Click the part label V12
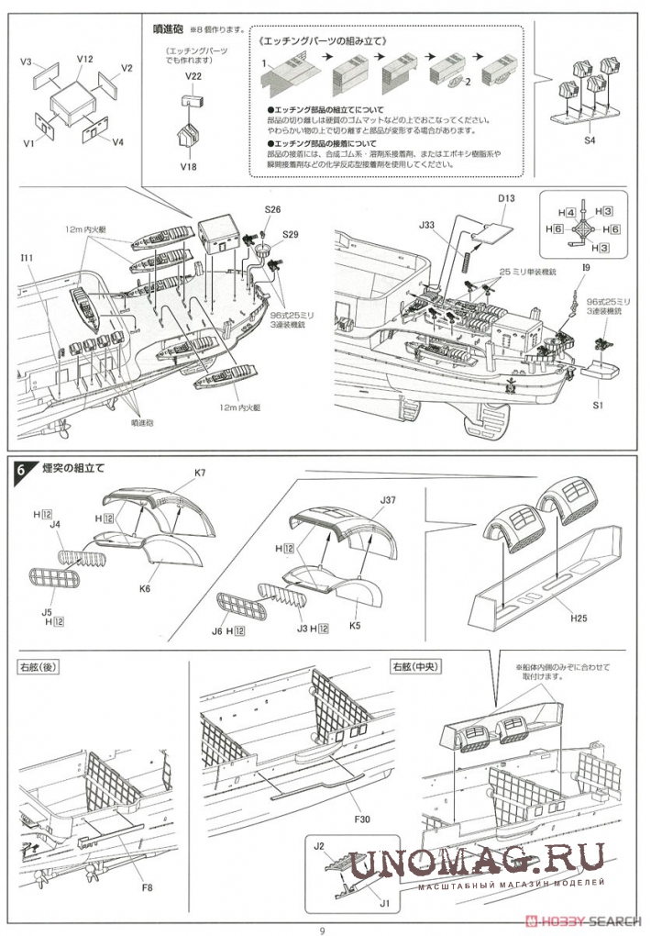click(84, 59)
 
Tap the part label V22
click(193, 75)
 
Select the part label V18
click(189, 166)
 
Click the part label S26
click(271, 210)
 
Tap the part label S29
click(291, 234)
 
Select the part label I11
click(28, 259)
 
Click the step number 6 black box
click(23, 470)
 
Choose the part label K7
click(200, 474)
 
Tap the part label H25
click(577, 618)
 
